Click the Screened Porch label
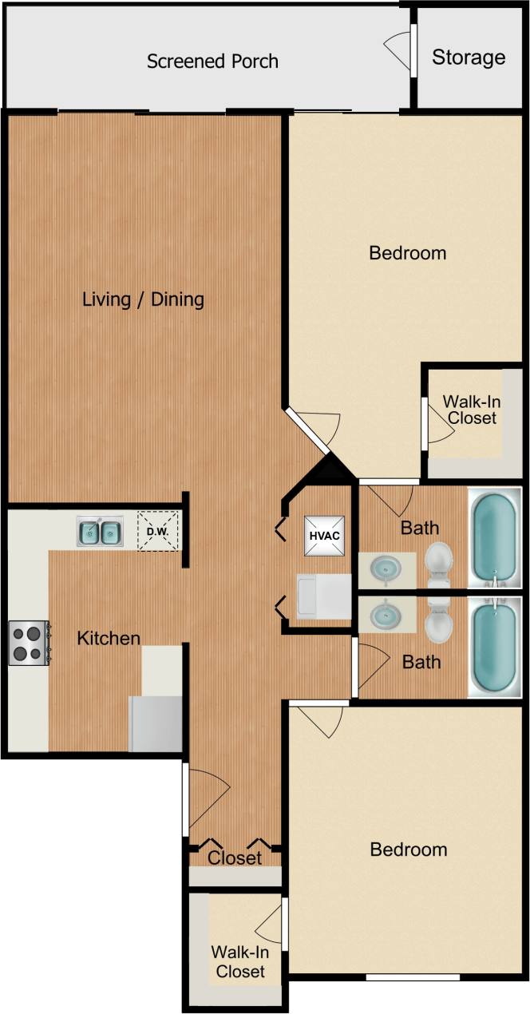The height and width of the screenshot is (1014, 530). [212, 61]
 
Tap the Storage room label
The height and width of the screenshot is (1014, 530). [469, 57]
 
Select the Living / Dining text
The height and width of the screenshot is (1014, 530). [144, 299]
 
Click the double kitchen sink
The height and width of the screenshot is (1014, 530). [100, 531]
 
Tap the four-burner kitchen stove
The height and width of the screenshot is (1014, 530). [29, 644]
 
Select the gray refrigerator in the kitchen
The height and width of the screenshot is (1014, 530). [156, 723]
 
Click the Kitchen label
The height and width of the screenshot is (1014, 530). [109, 639]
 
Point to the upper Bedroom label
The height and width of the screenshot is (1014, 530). [407, 253]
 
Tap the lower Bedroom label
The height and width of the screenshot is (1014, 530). [408, 849]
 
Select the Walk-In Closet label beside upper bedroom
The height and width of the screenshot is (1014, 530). [472, 410]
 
